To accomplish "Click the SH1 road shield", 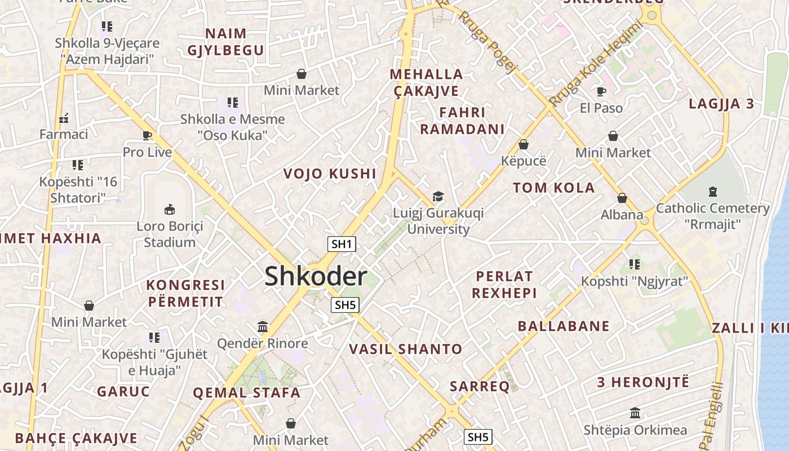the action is tap(342, 244).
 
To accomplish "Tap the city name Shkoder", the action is tap(316, 276).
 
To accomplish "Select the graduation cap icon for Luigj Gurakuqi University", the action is tap(438, 196).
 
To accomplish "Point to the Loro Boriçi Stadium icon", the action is tap(169, 209).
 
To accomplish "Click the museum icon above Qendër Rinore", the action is tap(262, 326).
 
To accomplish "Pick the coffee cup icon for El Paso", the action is tap(601, 91).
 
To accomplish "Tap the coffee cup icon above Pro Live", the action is tap(147, 135).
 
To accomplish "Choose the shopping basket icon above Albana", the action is tap(622, 198).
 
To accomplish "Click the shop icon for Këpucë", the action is tap(523, 144).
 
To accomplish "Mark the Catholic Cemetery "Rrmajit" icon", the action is tap(712, 192).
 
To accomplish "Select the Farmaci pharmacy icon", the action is tap(64, 118).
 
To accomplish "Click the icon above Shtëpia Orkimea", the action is tap(635, 413).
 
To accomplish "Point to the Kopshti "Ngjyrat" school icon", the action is tap(635, 264).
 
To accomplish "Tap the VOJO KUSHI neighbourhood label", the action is tap(330, 174).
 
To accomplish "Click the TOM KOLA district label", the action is tap(553, 188).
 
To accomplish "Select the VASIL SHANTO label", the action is tap(405, 349).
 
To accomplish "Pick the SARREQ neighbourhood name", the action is tap(480, 386).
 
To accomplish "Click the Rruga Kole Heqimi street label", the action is tap(596, 63).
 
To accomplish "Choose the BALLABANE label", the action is tap(564, 326).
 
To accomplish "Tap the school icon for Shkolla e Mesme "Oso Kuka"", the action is tap(233, 103).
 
